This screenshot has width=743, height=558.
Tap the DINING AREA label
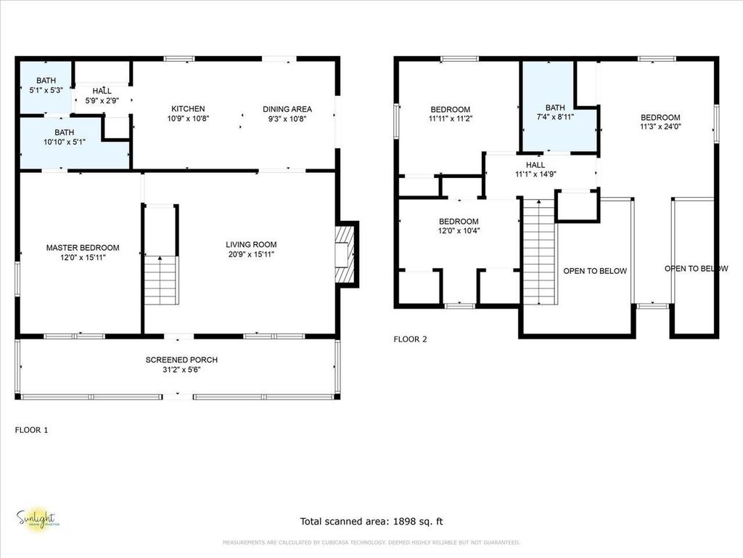pyautogui.click(x=287, y=109)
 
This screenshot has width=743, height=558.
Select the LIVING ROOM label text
pyautogui.click(x=251, y=245)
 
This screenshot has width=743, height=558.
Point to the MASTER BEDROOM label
pyautogui.click(x=83, y=248)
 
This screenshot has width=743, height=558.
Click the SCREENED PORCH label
pyautogui.click(x=181, y=360)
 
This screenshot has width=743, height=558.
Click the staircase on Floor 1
pyautogui.click(x=160, y=280)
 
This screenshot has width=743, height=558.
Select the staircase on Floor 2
pyautogui.click(x=538, y=254)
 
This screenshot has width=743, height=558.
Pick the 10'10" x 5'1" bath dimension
pyautogui.click(x=64, y=142)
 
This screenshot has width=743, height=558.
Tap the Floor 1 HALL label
pyautogui.click(x=102, y=91)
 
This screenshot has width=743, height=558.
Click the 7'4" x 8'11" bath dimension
pyautogui.click(x=555, y=116)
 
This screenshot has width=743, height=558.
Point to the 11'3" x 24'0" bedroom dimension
pyautogui.click(x=660, y=126)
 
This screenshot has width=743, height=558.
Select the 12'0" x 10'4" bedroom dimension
pyautogui.click(x=459, y=231)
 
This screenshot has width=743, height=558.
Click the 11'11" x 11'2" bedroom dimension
pyautogui.click(x=450, y=119)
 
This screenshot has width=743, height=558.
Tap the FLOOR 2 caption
pyautogui.click(x=411, y=339)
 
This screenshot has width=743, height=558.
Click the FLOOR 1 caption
pyautogui.click(x=32, y=430)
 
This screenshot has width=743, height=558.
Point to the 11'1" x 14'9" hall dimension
pyautogui.click(x=535, y=174)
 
